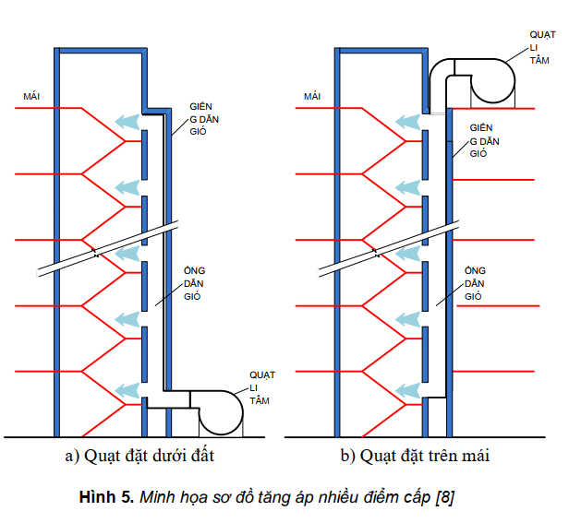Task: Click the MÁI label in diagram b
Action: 311,96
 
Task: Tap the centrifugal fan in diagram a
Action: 219,412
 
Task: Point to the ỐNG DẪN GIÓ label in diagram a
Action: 193,283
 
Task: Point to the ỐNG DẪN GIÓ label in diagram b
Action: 474,284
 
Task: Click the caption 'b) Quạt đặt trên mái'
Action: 415,456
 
